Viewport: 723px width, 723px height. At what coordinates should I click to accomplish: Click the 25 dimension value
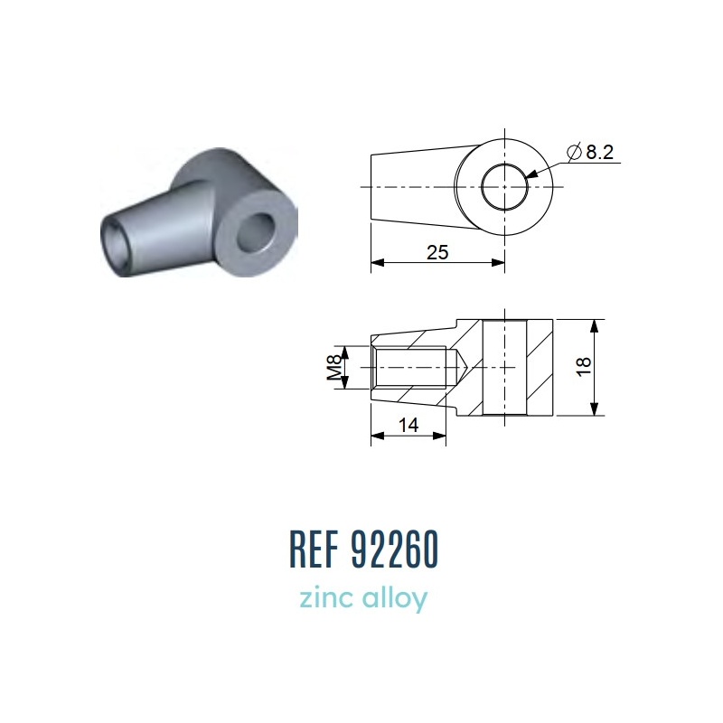point(437,252)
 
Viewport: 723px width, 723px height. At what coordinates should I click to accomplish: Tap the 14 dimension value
point(408,425)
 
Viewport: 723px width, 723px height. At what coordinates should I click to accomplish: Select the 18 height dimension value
point(584,367)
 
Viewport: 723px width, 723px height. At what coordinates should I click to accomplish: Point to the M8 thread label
point(333,367)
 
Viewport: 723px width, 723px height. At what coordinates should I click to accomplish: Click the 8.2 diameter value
point(600,152)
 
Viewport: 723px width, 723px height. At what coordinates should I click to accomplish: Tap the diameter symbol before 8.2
point(574,152)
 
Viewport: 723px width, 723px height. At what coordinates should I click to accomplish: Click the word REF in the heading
point(313,549)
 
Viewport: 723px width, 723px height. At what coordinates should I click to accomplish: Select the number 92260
point(394,549)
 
